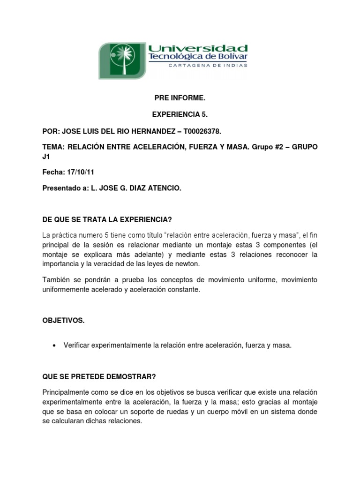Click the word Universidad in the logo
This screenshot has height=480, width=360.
[x=197, y=48]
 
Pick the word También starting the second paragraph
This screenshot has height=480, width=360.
[x=57, y=280]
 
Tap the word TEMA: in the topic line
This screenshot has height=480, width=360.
[x=53, y=147]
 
